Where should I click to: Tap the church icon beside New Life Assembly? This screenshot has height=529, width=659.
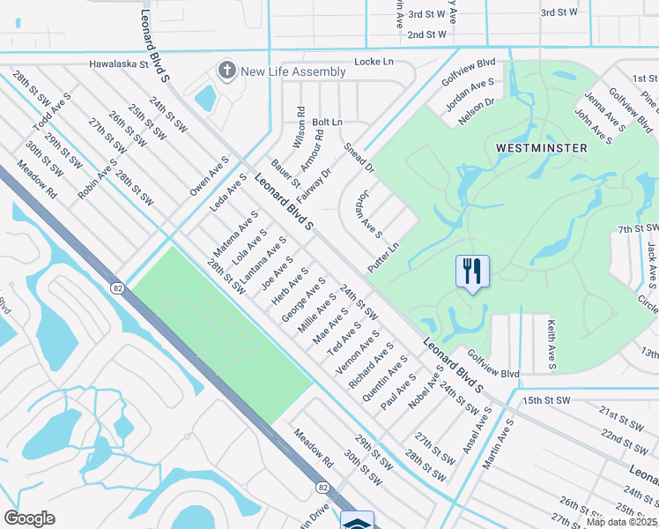(x=227, y=71)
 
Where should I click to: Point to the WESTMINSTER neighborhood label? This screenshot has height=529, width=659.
(x=542, y=148)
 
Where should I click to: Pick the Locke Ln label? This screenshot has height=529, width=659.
(x=373, y=62)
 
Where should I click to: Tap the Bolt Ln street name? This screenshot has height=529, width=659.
(x=327, y=122)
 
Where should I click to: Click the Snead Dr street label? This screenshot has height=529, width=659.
(x=359, y=158)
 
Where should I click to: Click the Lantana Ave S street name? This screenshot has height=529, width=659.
(x=263, y=262)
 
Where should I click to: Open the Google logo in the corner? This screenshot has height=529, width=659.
(x=29, y=518)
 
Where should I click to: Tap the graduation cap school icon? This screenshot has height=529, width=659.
(x=357, y=521)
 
